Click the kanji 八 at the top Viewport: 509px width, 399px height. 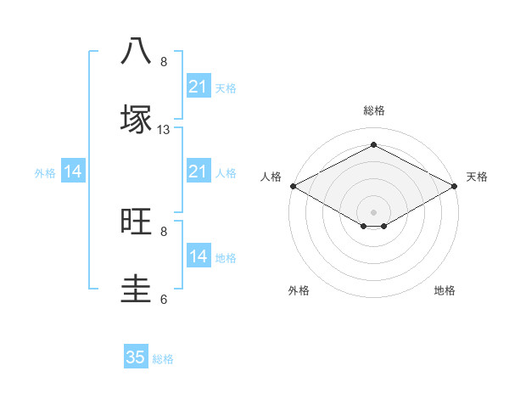click(x=136, y=51)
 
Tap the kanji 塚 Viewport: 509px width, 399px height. click(x=136, y=119)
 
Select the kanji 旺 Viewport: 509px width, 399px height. click(x=136, y=221)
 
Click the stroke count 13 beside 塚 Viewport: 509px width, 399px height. click(x=164, y=130)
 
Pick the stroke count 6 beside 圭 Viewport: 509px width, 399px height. click(x=164, y=299)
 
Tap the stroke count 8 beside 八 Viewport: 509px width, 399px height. click(x=164, y=62)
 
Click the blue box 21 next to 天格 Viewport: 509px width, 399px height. click(x=199, y=87)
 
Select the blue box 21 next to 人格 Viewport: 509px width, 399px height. click(x=199, y=172)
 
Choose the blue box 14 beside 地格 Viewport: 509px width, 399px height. click(x=199, y=256)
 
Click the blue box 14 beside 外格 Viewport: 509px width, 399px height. click(x=73, y=172)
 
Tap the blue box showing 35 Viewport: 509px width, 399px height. click(x=136, y=357)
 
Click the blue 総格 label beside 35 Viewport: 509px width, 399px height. click(x=163, y=359)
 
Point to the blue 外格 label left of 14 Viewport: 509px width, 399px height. click(x=45, y=173)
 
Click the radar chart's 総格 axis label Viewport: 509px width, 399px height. click(x=374, y=110)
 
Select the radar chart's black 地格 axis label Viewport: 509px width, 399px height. click(x=445, y=291)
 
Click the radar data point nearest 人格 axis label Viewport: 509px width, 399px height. click(x=292, y=186)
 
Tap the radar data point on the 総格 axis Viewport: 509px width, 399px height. click(x=373, y=145)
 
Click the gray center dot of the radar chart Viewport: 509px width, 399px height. click(x=373, y=211)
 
